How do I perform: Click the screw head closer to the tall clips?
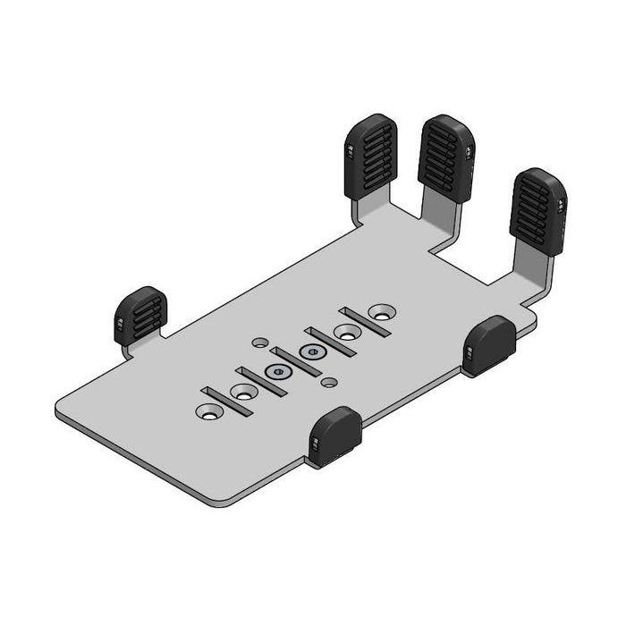[x=312, y=351]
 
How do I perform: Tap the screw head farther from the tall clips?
[x=278, y=371]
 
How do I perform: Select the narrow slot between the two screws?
[x=295, y=361]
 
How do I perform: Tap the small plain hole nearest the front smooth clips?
[x=330, y=382]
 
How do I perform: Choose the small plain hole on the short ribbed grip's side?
[x=259, y=342]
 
